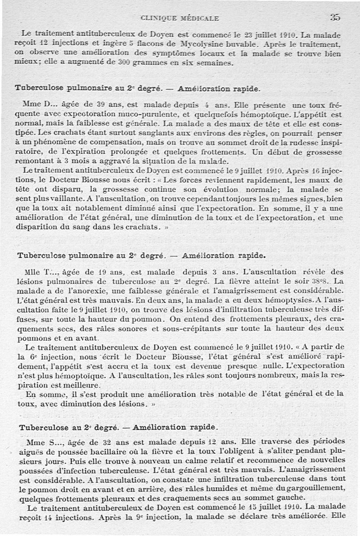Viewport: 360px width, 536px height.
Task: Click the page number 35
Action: tap(335, 18)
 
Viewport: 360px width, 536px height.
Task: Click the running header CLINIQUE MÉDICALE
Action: tap(180, 18)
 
